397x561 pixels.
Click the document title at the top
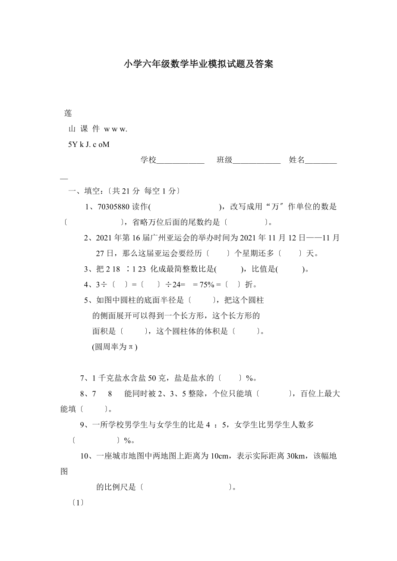(198, 65)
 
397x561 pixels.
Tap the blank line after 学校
(180, 161)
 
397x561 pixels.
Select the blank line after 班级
(257, 161)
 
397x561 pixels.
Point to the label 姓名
(297, 160)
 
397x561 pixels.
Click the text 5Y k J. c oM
(89, 144)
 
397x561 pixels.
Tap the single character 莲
(68, 113)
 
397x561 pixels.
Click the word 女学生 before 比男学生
(246, 425)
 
